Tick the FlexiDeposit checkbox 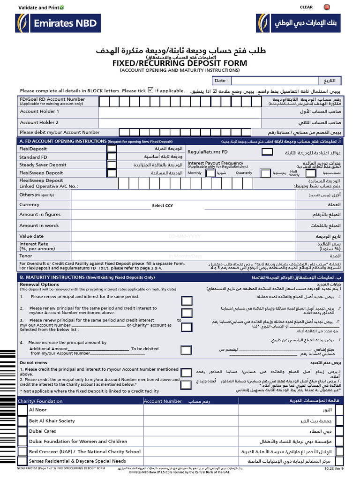point(112,149)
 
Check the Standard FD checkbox point(112,157)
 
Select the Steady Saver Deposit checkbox point(112,165)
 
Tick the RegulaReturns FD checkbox point(266,151)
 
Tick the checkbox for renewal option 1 point(187,300)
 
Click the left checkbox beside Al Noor point(22,410)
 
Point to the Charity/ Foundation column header point(40,401)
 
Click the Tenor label point(26,256)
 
